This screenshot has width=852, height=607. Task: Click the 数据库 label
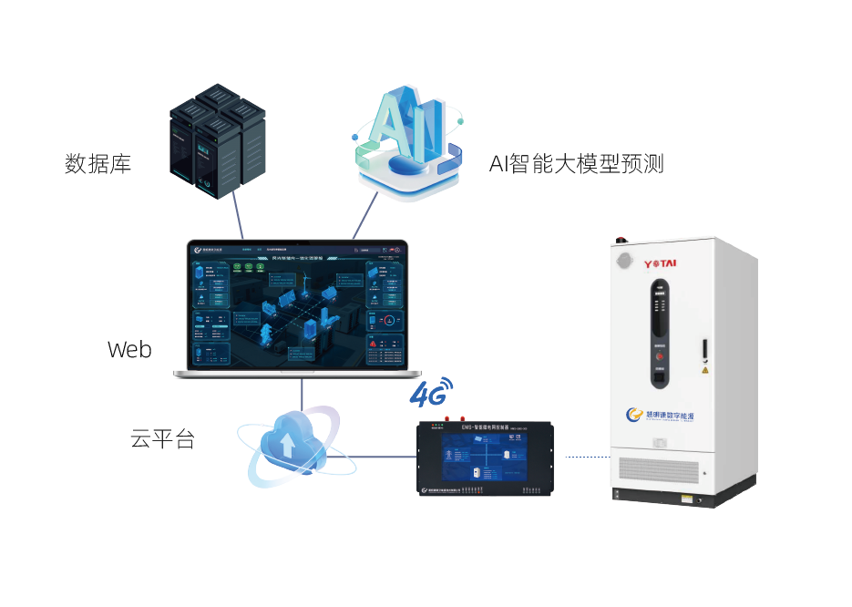tap(98, 164)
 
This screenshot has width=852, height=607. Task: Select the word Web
tap(129, 349)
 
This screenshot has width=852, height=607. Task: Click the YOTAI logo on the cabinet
tap(665, 264)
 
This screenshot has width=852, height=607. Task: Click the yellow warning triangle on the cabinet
tap(704, 371)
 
